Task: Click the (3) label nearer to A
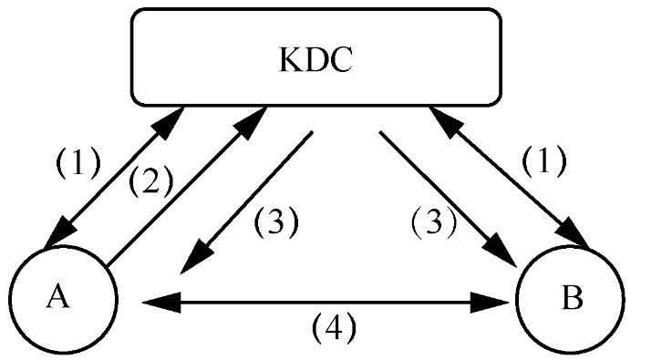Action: coord(275,222)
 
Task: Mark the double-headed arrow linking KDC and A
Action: coord(119,173)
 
